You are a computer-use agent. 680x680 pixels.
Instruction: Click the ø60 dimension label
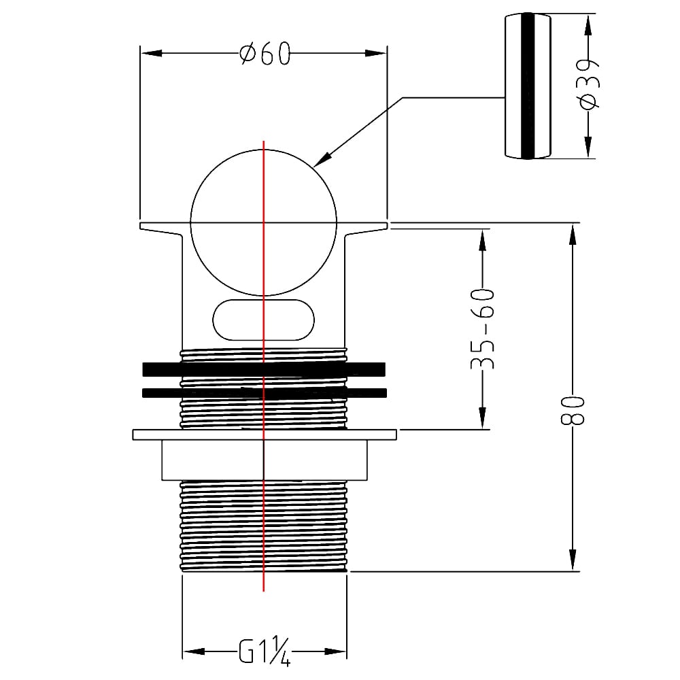[265, 53]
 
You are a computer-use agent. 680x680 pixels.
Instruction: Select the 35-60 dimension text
[482, 328]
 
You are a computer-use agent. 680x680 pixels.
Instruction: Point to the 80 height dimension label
[573, 410]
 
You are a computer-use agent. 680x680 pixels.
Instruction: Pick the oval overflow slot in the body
[263, 320]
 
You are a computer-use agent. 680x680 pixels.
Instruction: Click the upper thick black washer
[264, 369]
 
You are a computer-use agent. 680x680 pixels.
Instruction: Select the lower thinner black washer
[264, 393]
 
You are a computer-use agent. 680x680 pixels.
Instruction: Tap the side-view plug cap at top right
[528, 86]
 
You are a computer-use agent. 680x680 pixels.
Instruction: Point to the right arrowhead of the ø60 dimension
[375, 53]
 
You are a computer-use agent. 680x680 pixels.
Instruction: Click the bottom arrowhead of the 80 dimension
[573, 560]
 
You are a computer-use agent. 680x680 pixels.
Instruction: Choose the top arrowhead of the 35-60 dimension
[482, 240]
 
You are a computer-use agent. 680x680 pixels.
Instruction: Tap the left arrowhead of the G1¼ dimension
[193, 652]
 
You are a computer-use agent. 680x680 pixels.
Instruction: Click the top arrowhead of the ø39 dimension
[588, 25]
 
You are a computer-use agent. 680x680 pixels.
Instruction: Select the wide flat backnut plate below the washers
[265, 435]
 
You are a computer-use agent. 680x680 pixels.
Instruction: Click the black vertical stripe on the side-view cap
[528, 86]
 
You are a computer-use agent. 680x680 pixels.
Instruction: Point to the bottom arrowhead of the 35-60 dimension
[482, 418]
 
